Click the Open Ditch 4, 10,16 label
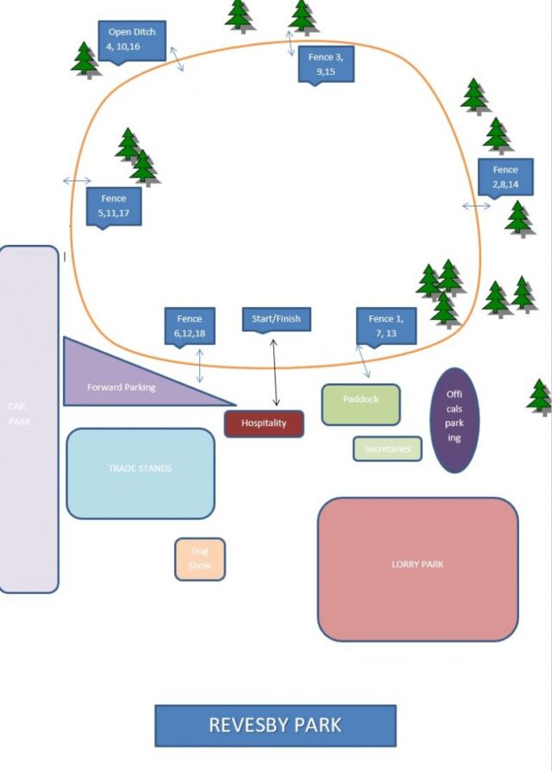coord(131,40)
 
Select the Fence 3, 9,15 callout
coord(326,64)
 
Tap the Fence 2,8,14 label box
coord(505,177)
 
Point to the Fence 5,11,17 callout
coord(113,205)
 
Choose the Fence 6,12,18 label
coord(190,325)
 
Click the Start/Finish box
coord(276,319)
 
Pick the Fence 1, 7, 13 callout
coord(386,325)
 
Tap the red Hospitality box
coord(264,423)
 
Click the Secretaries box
coord(387,448)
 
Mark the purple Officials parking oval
coord(455,420)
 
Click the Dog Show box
coord(200,558)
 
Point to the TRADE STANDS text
coord(140,468)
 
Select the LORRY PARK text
coord(417,564)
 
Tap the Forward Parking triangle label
coord(122,387)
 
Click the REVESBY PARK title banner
coord(275,725)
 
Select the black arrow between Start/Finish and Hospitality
coord(275,373)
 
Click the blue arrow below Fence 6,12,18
coord(200,366)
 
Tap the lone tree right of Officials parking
coord(540,396)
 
